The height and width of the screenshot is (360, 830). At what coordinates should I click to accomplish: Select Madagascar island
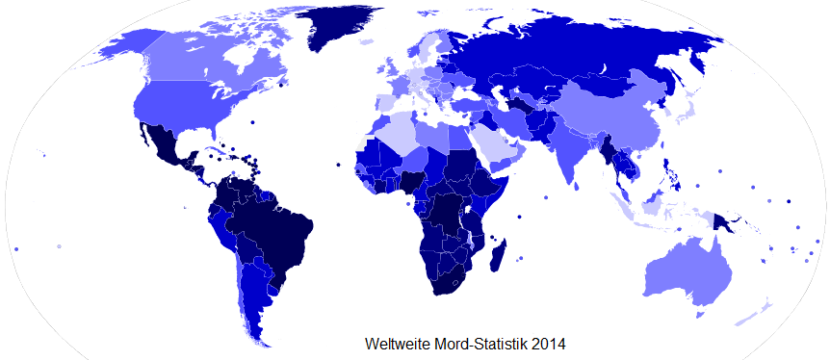[x=498, y=257]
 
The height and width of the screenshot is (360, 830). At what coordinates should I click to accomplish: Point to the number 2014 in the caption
[x=547, y=343]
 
